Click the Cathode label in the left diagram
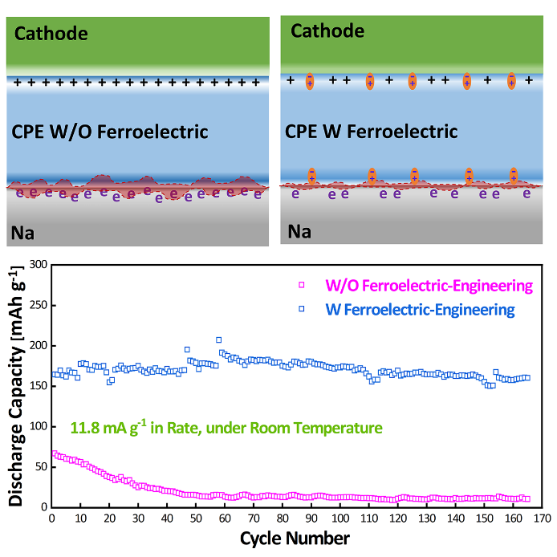[x=50, y=35]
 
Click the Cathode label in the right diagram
[x=327, y=31]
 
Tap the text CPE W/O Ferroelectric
[x=110, y=132]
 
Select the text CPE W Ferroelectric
[x=372, y=131]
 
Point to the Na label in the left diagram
[x=22, y=234]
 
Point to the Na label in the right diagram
[x=299, y=232]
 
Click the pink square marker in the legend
[x=303, y=285]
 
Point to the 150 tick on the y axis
[x=35, y=385]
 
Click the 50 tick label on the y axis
[x=38, y=466]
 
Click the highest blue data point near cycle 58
[x=219, y=339]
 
